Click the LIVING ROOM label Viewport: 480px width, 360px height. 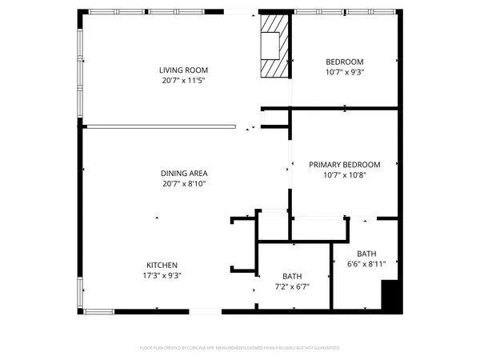[x=183, y=70]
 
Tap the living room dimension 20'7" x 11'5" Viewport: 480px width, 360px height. [x=183, y=81]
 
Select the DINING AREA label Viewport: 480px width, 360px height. [x=183, y=173]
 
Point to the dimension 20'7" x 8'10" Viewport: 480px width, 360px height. [x=183, y=184]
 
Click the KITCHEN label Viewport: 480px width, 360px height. [x=161, y=266]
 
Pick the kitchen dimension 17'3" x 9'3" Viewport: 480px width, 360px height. [x=161, y=276]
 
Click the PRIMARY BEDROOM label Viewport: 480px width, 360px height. [x=345, y=165]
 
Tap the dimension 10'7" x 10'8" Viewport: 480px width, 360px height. [x=345, y=175]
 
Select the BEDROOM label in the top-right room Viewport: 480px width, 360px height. [x=345, y=62]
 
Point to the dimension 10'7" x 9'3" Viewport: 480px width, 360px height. [x=345, y=73]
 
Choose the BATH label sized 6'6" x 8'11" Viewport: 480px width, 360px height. [x=366, y=253]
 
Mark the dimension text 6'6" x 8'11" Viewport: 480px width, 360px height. [x=366, y=263]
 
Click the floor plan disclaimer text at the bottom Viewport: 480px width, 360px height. [x=239, y=348]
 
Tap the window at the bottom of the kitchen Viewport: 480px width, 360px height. [x=99, y=310]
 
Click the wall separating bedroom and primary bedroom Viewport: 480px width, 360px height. [x=344, y=108]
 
